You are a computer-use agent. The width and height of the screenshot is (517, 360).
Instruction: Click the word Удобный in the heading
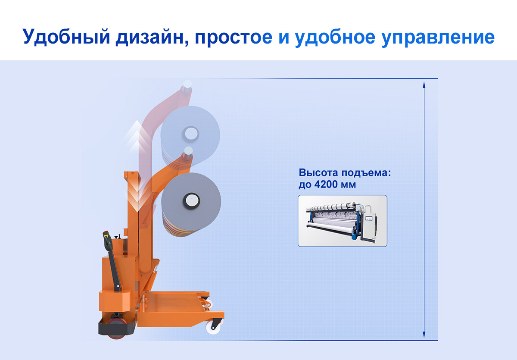[66, 37]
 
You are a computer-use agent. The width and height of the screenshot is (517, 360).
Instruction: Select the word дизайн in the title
[152, 37]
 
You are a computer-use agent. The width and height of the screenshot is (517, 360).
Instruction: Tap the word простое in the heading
[234, 37]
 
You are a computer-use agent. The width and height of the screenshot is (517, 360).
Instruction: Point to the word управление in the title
[438, 37]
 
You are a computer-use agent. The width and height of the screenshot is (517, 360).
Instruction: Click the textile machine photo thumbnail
[343, 221]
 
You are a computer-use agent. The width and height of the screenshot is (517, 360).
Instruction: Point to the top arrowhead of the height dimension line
[424, 85]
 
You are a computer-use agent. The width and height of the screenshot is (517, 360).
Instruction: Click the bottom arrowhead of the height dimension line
[424, 335]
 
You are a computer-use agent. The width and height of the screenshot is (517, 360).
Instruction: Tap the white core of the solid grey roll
[191, 200]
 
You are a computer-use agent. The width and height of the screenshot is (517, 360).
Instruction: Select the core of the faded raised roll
[190, 134]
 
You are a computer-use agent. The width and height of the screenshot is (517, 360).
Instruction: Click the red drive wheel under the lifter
[117, 329]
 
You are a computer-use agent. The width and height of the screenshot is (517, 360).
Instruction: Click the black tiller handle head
[108, 240]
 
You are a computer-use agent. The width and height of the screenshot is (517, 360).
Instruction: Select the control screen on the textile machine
[369, 219]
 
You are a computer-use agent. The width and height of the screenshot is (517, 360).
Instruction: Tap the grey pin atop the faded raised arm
[187, 87]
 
